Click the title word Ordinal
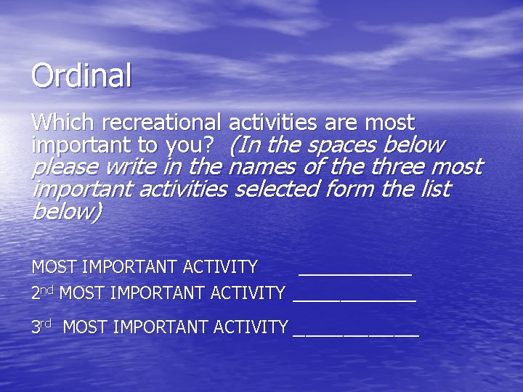coord(81,76)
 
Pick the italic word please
coord(66,168)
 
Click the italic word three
coord(398,167)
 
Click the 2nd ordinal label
coord(42,293)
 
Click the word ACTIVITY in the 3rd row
coord(251,327)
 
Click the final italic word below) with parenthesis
coord(68,212)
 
